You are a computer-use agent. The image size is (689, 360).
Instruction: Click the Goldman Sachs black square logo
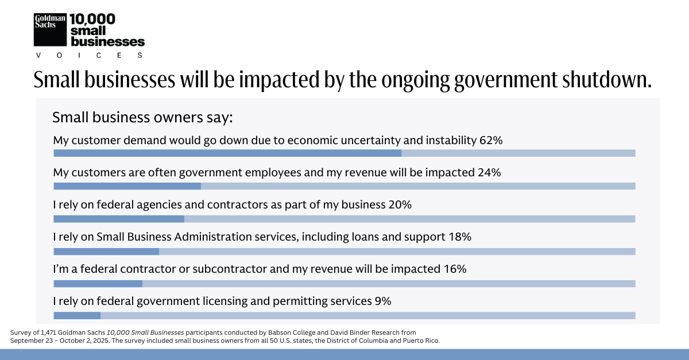51,29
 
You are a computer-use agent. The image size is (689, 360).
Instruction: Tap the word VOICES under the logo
89,55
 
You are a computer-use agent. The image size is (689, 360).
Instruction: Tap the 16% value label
455,269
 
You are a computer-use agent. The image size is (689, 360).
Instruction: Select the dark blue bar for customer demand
227,153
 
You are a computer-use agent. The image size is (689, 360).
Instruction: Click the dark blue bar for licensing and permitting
77,315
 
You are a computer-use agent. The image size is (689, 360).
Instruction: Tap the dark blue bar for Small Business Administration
106,251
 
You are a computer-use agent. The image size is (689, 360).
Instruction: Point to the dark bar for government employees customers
127,186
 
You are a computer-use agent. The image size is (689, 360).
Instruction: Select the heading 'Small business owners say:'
142,118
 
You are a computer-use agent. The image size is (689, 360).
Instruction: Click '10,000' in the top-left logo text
92,19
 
